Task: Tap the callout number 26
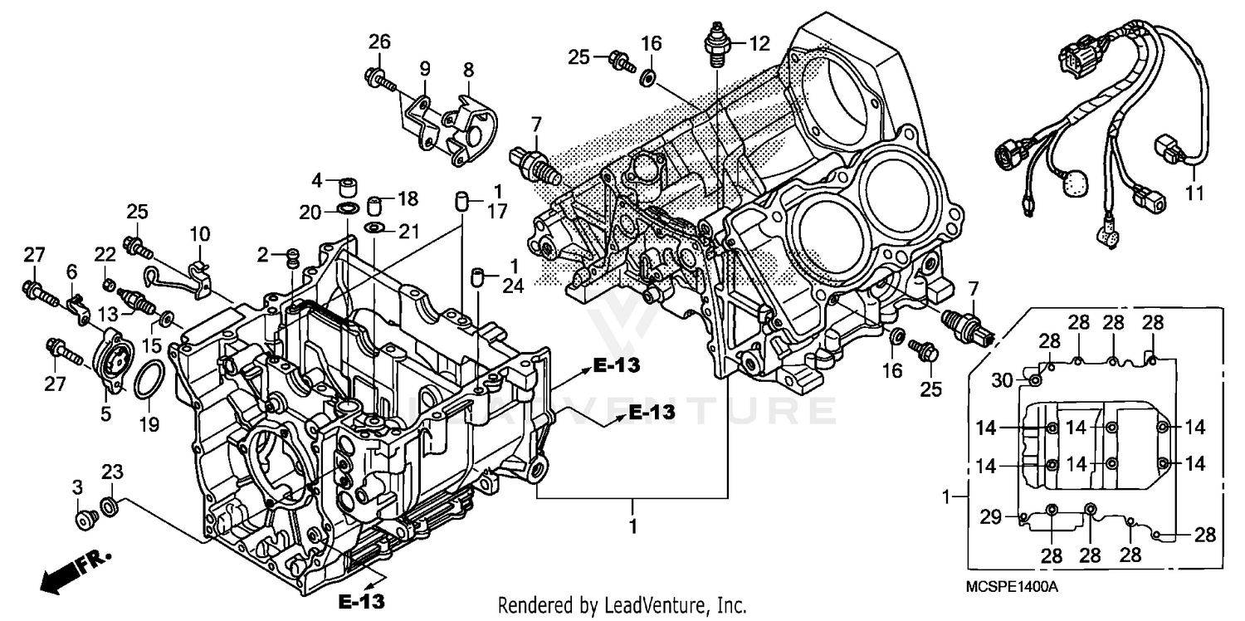(379, 42)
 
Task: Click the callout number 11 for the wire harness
(1194, 194)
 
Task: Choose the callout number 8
(468, 68)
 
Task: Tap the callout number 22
(105, 254)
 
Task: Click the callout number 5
(105, 413)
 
